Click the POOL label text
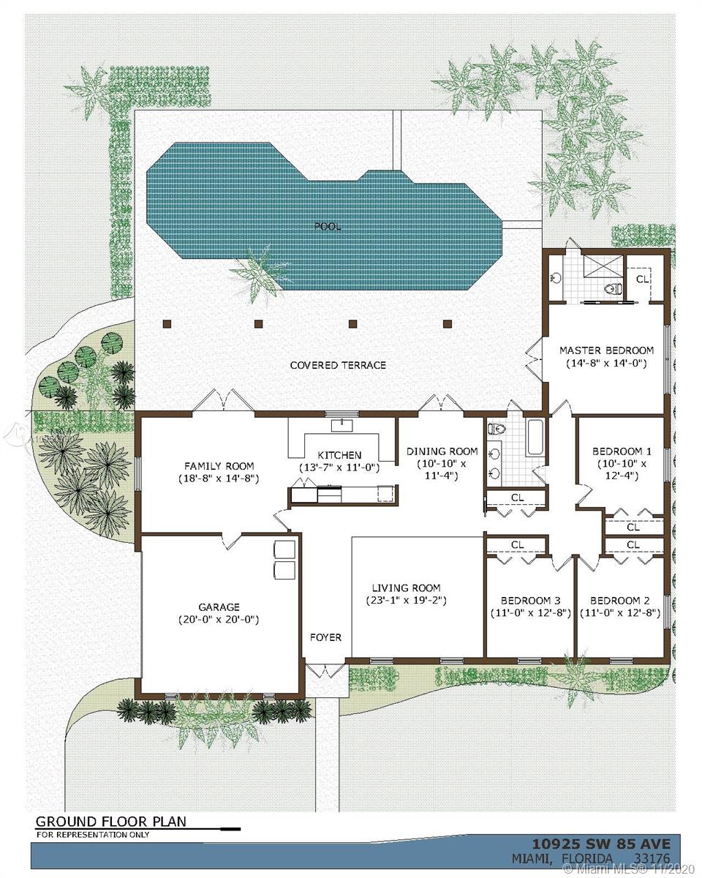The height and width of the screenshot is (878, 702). [x=328, y=227]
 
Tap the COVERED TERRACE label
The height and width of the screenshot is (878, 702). [x=338, y=365]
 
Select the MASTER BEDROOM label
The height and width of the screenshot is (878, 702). [x=606, y=350]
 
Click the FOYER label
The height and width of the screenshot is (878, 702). [x=325, y=637]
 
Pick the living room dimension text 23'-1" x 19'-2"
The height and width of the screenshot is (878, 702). [x=406, y=601]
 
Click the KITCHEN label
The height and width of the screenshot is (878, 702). [x=339, y=455]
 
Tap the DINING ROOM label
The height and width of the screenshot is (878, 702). [x=442, y=451]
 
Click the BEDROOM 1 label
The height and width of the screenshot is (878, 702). [x=621, y=451]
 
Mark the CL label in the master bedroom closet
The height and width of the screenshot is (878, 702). [x=642, y=279]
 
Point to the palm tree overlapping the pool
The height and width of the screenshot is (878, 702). [x=258, y=273]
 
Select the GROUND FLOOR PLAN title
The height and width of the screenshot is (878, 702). [x=111, y=821]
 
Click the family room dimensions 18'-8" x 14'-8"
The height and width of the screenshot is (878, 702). [x=219, y=479]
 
